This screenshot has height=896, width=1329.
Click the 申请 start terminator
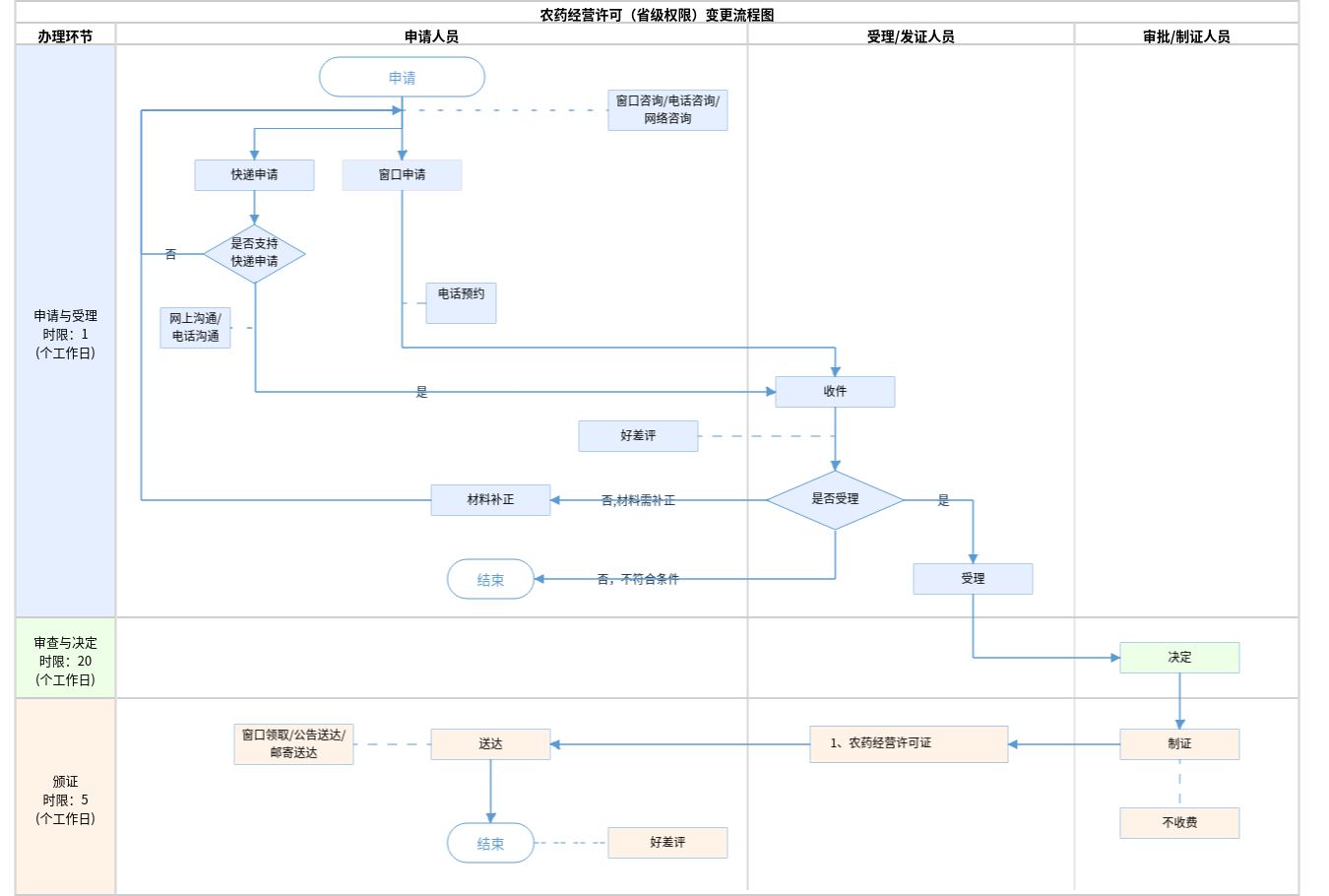[402, 77]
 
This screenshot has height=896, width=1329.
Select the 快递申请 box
[254, 175]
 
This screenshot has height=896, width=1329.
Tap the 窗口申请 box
[402, 175]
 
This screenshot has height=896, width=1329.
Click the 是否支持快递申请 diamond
[254, 253]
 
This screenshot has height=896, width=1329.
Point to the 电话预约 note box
[461, 302]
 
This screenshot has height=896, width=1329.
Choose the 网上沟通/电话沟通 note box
[195, 328]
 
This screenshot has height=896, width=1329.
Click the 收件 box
[835, 392]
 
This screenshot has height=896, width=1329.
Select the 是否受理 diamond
[835, 499]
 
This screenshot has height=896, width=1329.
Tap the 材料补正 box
[490, 500]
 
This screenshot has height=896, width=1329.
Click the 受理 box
[973, 579]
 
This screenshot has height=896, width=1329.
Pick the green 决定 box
[1179, 658]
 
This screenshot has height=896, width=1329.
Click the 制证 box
[1179, 744]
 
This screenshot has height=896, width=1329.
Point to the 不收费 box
[1179, 823]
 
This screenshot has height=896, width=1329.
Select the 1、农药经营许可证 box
[909, 744]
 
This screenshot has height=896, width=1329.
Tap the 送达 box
[490, 744]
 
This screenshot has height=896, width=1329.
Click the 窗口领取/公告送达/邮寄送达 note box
[293, 744]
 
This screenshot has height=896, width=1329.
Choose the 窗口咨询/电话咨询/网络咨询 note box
[667, 110]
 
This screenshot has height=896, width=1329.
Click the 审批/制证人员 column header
[1186, 36]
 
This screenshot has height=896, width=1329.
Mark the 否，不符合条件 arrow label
[638, 579]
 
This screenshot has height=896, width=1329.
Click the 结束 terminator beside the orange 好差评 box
[490, 843]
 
